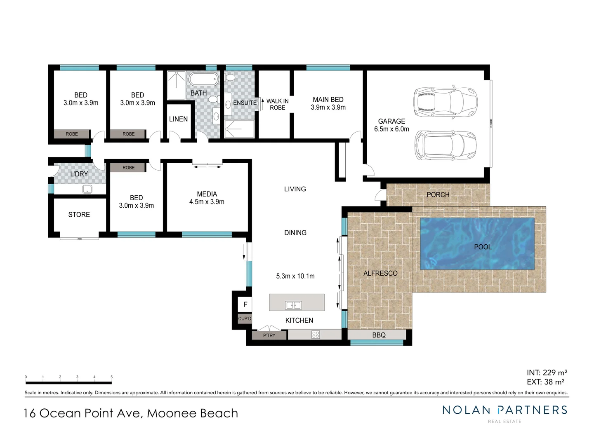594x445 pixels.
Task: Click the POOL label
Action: coord(483,247)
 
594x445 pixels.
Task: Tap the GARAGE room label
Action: coord(391,121)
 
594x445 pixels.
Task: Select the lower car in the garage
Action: coord(445,145)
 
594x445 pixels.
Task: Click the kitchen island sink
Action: coord(293,305)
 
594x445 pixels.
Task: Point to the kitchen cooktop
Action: coord(316,335)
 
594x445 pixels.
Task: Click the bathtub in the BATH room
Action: coord(203,79)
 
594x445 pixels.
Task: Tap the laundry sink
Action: coord(87,189)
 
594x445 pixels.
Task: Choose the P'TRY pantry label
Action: coord(269,335)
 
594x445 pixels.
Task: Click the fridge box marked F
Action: coord(245,304)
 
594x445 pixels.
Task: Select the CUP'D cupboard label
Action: coord(245,319)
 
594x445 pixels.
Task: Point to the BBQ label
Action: coord(379,335)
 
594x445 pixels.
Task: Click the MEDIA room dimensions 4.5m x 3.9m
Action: coord(207,202)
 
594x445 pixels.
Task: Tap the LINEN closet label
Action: coord(178,119)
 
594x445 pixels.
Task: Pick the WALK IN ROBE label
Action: coord(277,104)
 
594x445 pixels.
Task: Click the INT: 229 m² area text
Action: coord(547,372)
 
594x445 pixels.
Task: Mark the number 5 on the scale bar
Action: coord(111,377)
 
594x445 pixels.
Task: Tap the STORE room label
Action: coord(79,215)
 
